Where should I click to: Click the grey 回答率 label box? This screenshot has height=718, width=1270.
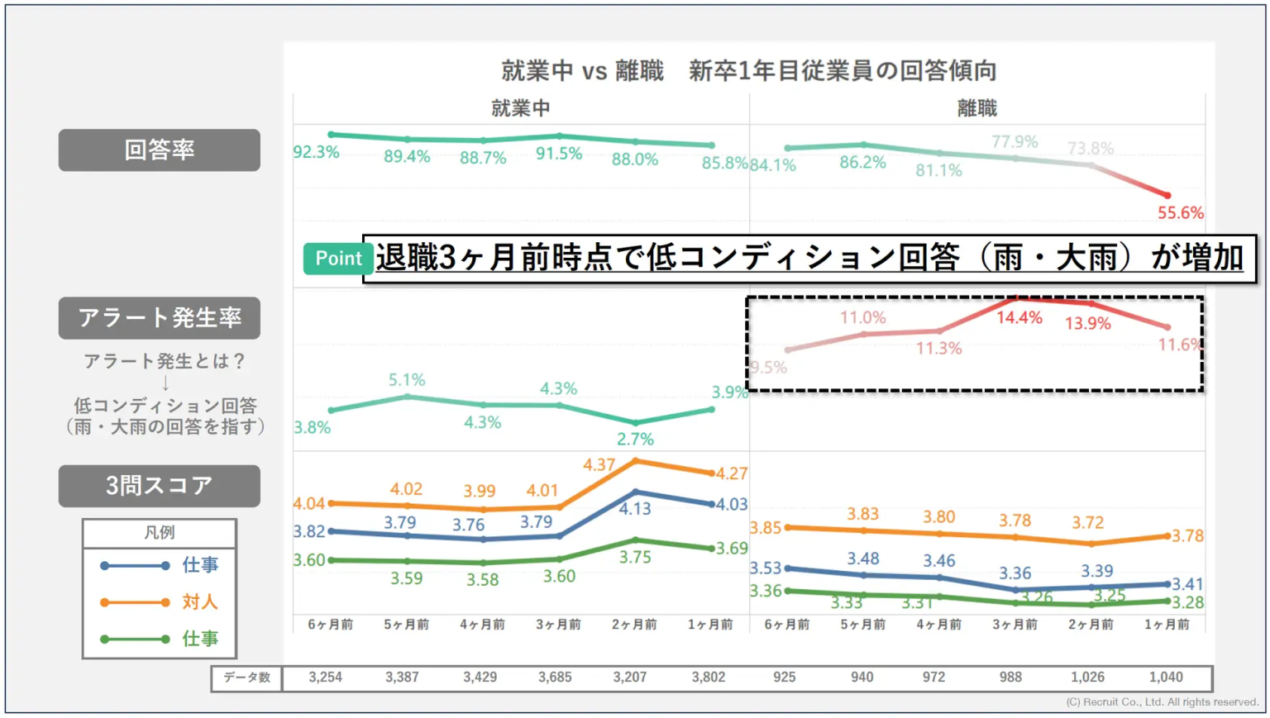tap(159, 150)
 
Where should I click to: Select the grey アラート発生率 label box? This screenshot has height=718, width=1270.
tap(159, 317)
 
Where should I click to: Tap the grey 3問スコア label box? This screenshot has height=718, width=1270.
tap(159, 485)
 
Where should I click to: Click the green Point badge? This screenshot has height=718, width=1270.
tap(337, 259)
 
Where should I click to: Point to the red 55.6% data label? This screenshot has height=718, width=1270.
tap(1180, 213)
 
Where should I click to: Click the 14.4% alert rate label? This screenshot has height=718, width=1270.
tap(1019, 318)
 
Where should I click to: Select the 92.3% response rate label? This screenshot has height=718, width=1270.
tap(316, 152)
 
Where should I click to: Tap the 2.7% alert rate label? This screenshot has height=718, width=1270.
tap(635, 440)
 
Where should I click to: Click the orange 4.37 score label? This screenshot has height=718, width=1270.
tap(599, 465)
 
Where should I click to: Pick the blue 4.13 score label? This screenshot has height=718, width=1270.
tap(635, 509)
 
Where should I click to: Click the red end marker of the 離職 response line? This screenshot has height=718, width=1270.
tap(1167, 196)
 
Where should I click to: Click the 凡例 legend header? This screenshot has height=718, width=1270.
tap(159, 532)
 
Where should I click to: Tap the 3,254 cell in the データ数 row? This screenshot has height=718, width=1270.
tap(325, 678)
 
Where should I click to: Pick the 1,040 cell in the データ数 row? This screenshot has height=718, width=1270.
tap(1166, 678)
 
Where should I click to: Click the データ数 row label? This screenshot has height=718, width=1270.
tap(246, 678)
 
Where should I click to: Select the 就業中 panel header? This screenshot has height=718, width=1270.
tap(520, 108)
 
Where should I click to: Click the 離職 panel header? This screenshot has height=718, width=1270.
tap(976, 108)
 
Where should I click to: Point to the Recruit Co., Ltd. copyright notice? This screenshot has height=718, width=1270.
tap(1162, 702)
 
